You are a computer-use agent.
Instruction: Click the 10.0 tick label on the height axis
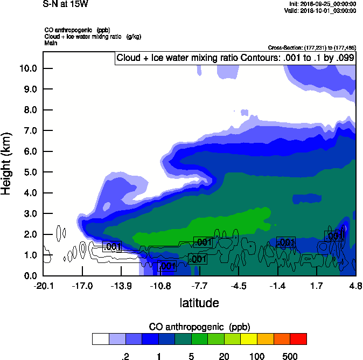pos(27,68)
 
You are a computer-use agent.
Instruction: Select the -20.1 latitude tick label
pos(43,286)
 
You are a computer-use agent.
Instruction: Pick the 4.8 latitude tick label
pos(355,286)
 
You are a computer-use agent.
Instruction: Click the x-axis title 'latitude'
pos(199,303)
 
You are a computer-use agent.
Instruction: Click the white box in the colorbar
pos(100,339)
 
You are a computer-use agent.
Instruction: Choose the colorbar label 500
pos(290,356)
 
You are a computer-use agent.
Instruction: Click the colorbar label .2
pos(125,356)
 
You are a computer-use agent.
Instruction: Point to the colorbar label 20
pos(224,356)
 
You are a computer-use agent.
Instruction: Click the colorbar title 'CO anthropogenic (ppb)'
pos(199,327)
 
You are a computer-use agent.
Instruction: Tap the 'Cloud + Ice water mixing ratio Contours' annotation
pos(235,58)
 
